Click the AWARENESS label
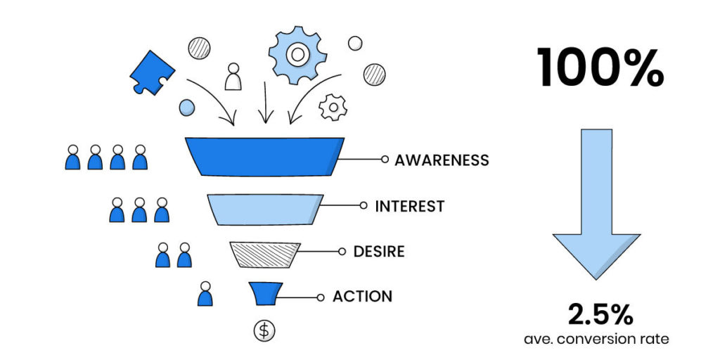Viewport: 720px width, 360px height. coord(442,160)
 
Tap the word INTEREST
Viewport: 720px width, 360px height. coord(409,206)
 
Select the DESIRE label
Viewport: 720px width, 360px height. coord(379,251)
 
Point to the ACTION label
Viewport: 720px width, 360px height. coord(362,296)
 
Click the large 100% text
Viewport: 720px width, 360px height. coord(600,68)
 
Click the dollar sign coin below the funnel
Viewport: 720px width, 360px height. coord(264,330)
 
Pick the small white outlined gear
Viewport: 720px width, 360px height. coord(333,108)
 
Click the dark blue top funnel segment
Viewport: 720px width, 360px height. coord(264,156)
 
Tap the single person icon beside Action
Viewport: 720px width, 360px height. coord(205,293)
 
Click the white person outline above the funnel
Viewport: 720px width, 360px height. coord(233,77)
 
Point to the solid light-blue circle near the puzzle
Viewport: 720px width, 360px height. coord(187,108)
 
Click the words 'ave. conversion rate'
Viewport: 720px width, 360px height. coord(596,339)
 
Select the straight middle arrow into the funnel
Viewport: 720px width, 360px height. coord(265,103)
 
